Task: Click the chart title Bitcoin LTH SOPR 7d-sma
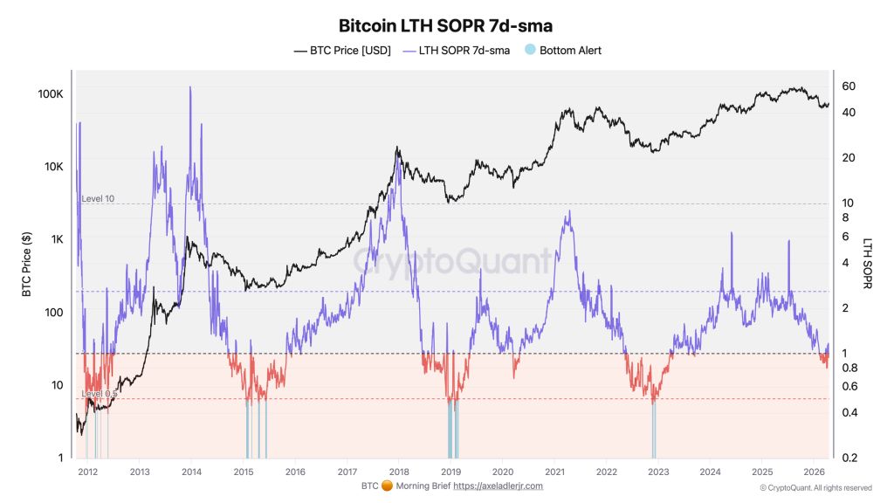tap(445, 26)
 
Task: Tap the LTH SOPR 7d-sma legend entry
tap(455, 51)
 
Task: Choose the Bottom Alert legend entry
tap(562, 51)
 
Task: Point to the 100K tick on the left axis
tap(48, 93)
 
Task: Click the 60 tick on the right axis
tap(849, 86)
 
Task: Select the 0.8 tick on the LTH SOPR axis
tap(849, 368)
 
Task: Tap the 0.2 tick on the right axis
tap(849, 458)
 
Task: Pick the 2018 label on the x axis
tap(399, 472)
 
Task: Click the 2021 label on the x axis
tap(554, 472)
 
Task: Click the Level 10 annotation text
tap(98, 199)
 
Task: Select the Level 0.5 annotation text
tap(100, 394)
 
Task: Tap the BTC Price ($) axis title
tap(27, 265)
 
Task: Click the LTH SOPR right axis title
tap(869, 265)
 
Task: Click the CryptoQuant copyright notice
tap(815, 488)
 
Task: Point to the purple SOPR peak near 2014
tap(190, 88)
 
